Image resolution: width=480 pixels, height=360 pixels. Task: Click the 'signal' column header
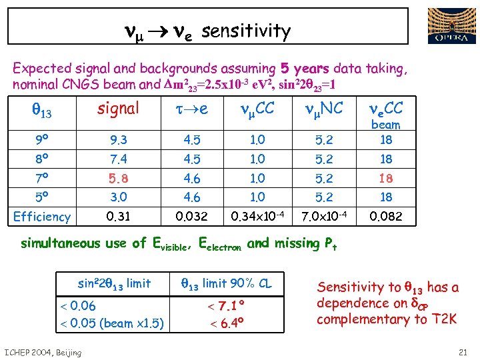pos(118,108)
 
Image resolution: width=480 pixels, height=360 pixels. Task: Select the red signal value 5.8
pos(117,179)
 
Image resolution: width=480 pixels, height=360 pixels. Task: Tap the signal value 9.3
pos(117,140)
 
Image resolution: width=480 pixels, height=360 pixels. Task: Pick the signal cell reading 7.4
pos(117,159)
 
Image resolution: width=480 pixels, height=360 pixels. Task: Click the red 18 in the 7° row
pos(385,179)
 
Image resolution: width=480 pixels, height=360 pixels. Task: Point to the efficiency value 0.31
pos(117,216)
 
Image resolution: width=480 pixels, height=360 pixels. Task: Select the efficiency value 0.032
pos(190,216)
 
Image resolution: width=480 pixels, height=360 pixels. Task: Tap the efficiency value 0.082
pos(385,216)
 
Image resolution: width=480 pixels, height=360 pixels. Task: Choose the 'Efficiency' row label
pos(42,217)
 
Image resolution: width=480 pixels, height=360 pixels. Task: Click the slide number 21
pos(463,352)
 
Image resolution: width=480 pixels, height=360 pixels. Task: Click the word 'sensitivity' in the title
pos(245,31)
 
